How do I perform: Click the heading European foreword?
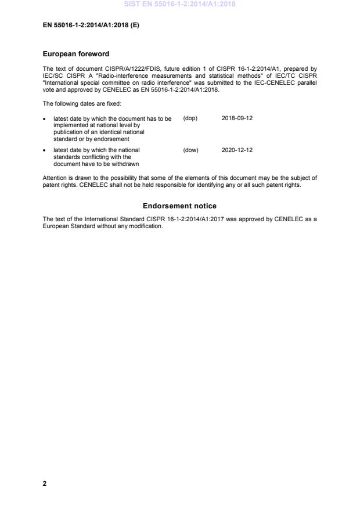[x=76, y=54]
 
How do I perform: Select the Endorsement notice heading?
[x=179, y=206]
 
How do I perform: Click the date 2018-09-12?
[x=237, y=118]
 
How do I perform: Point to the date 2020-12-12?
[x=237, y=150]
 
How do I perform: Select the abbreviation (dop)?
[x=190, y=118]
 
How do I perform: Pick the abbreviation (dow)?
[x=190, y=150]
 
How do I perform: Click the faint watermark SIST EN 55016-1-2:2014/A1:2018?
[x=179, y=5]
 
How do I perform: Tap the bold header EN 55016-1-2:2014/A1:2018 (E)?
[x=91, y=26]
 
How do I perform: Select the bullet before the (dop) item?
[x=45, y=118]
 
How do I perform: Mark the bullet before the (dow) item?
[x=45, y=150]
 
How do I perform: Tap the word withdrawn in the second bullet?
[x=125, y=163]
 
